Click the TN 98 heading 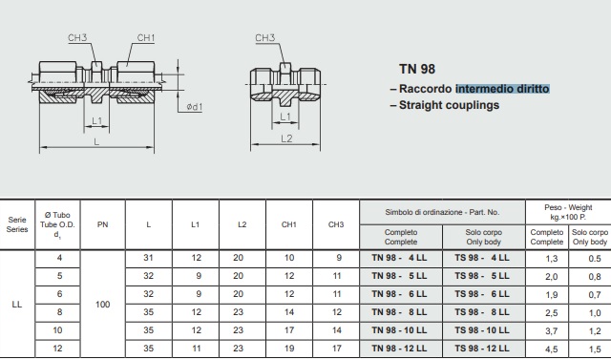tap(417, 69)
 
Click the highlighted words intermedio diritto tap(502, 89)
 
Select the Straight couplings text tap(449, 105)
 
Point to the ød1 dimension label tap(194, 107)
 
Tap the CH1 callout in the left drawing tap(146, 38)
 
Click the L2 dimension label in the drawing tap(286, 138)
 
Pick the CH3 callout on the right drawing tap(265, 38)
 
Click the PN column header tap(102, 224)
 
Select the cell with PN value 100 tap(102, 305)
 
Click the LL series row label tap(17, 305)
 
